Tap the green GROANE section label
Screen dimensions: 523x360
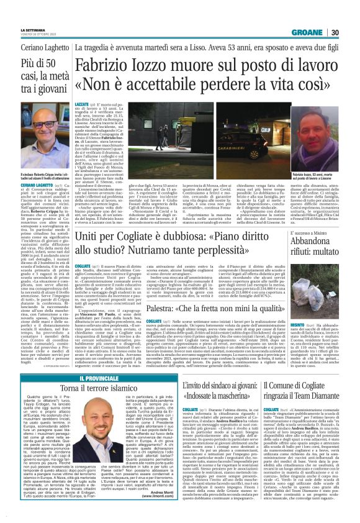tap(326, 15)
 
